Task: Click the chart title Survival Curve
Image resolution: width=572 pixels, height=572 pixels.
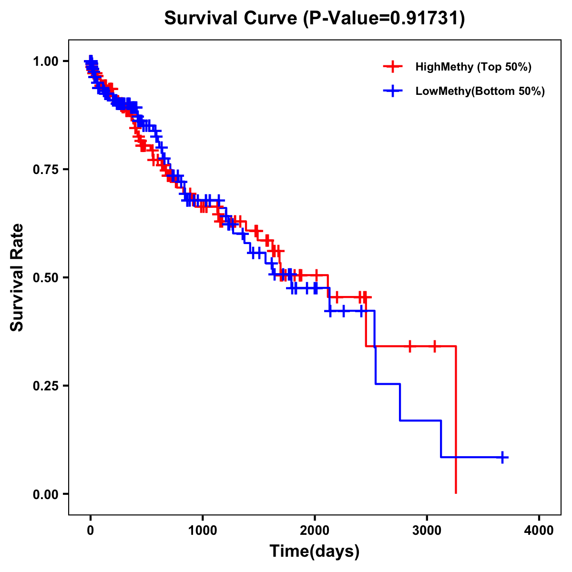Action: [x=232, y=18]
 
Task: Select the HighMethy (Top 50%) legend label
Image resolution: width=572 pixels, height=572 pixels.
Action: [x=473, y=67]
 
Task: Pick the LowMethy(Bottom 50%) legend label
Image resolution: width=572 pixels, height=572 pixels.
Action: [x=480, y=91]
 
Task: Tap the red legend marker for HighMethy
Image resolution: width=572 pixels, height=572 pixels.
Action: [x=393, y=67]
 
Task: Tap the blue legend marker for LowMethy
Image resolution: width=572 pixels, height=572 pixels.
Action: [x=393, y=91]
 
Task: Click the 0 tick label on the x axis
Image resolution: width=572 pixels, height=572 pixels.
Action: [x=91, y=531]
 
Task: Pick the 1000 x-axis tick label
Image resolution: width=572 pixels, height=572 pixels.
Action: [x=203, y=531]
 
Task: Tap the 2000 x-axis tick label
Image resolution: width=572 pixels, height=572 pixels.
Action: [x=315, y=531]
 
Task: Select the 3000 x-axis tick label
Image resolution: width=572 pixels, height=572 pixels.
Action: [x=427, y=531]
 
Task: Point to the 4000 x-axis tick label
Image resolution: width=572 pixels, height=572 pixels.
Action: [x=539, y=531]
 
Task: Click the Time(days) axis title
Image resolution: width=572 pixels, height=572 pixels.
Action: [x=315, y=552]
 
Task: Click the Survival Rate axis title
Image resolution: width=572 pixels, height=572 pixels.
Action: [x=17, y=277]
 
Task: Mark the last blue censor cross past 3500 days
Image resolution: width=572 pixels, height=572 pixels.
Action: [x=502, y=457]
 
